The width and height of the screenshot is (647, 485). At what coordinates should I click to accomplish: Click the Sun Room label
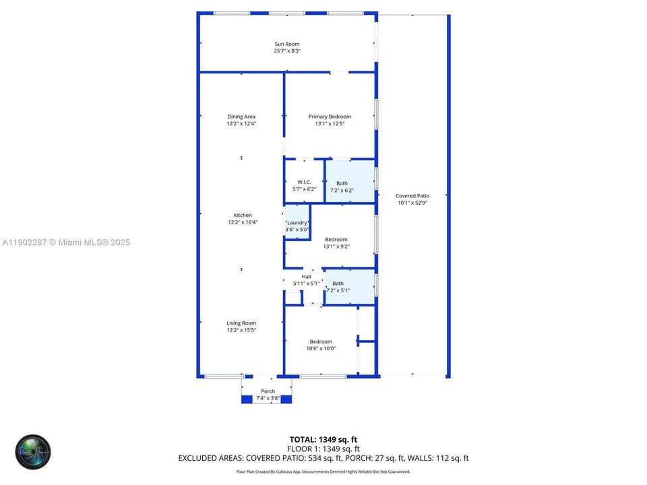pos(286,44)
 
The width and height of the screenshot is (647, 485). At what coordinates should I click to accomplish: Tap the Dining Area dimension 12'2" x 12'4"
pos(241,124)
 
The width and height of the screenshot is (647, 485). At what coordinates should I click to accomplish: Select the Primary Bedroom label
pos(330,117)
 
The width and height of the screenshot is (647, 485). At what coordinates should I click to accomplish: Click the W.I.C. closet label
pos(304,182)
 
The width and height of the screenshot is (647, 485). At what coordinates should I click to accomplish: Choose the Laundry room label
pos(297,222)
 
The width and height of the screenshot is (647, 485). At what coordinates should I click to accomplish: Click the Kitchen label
pos(243,216)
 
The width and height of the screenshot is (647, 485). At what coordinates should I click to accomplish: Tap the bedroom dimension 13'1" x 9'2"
pos(336,247)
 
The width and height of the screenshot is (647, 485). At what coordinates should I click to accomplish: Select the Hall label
pos(307,276)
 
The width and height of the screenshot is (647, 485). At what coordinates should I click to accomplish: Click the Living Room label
pos(241,323)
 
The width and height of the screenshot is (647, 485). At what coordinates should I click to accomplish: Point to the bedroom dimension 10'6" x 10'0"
pos(321,349)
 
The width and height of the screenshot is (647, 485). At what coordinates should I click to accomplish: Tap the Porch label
pos(268,391)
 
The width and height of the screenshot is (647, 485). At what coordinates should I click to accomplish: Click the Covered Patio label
pos(412,196)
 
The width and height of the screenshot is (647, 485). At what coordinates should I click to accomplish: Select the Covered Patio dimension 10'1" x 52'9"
pos(412,203)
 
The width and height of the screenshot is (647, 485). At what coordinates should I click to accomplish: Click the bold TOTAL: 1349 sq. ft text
pos(323,440)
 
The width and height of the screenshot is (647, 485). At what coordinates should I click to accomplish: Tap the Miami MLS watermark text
pos(66,243)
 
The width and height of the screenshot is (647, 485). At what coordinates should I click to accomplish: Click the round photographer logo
pos(33,451)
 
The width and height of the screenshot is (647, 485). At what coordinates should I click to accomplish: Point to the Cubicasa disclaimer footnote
pos(323,472)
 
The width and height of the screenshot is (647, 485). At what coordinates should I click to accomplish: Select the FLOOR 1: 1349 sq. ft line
pos(323,449)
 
